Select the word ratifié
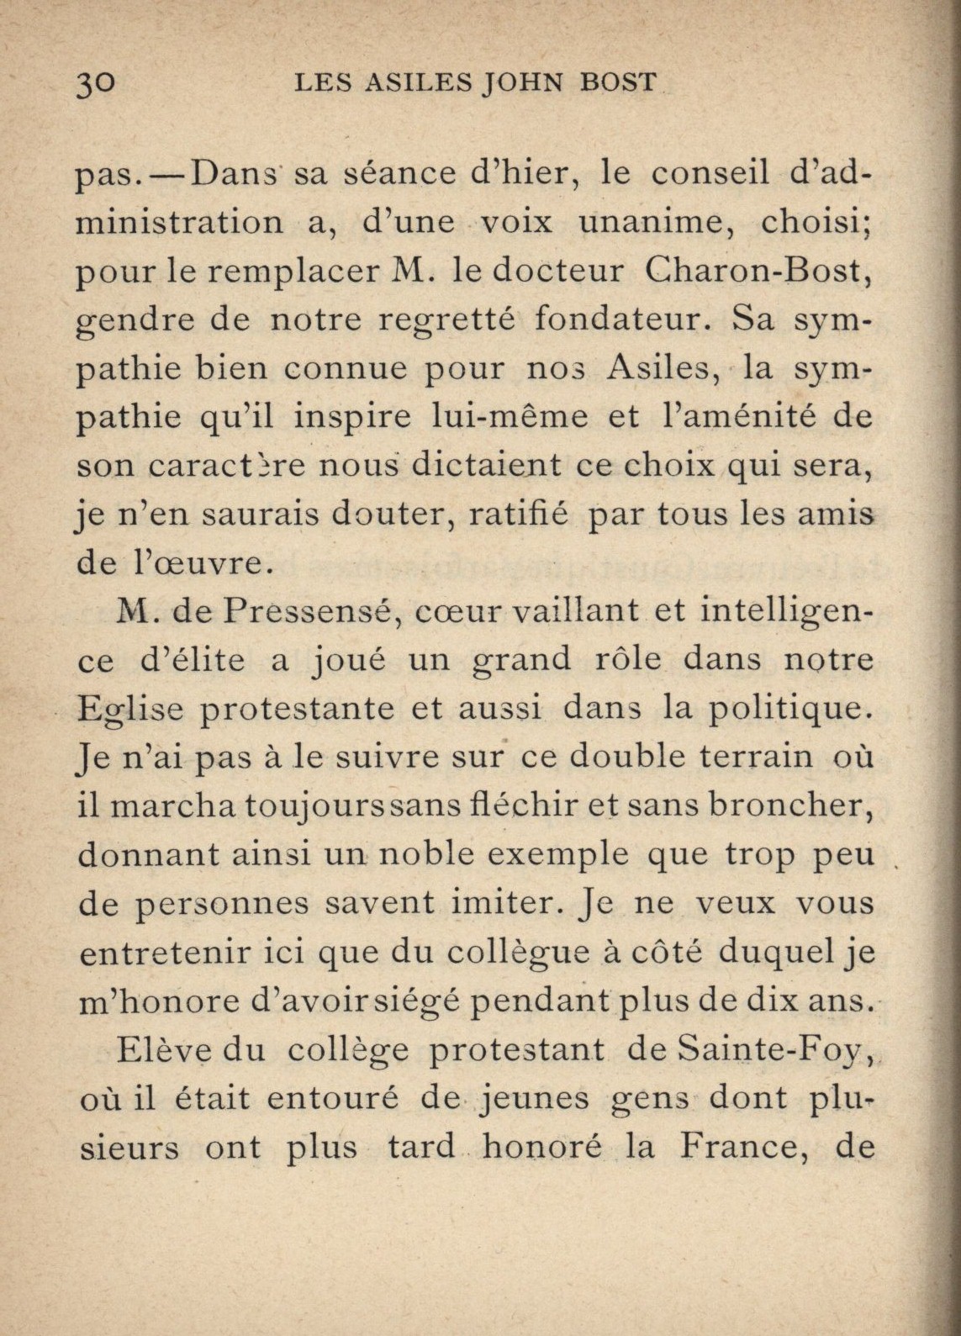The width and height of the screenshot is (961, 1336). [x=517, y=514]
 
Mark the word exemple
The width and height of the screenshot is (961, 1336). [x=559, y=854]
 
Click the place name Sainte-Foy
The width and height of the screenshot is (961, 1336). [x=772, y=1050]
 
